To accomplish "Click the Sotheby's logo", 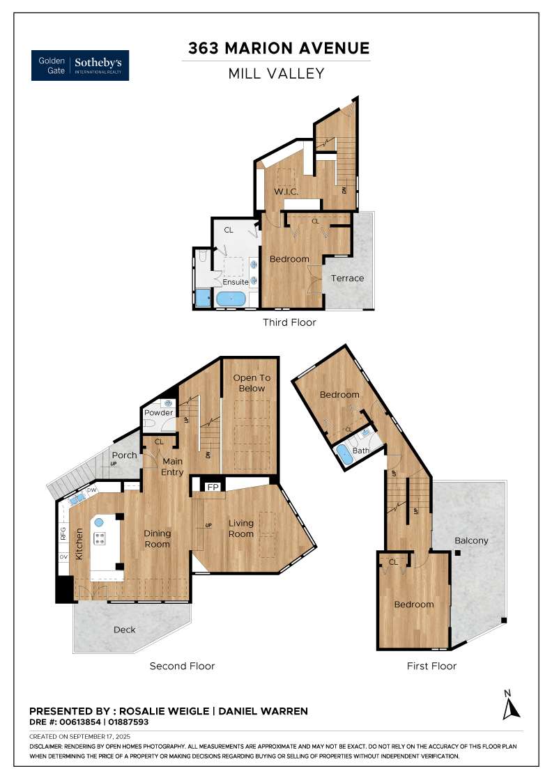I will point(80,65).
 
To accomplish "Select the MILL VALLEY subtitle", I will point(276,73).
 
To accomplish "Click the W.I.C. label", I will point(286,192).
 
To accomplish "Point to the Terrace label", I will point(347,278).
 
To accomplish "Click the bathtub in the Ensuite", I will point(231,299).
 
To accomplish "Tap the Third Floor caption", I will point(289,322).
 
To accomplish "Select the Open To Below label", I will point(252,383).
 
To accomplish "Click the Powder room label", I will point(158,413).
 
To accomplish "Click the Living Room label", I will point(241,529).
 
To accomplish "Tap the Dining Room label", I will point(158,539).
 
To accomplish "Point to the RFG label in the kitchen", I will point(63,535).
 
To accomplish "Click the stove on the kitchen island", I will point(99,538).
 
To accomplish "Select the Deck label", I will point(124,630).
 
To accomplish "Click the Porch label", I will point(125,455).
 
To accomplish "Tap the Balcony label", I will point(471,540).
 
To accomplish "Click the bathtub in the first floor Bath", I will point(344,456).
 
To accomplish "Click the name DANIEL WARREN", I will point(263,711).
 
